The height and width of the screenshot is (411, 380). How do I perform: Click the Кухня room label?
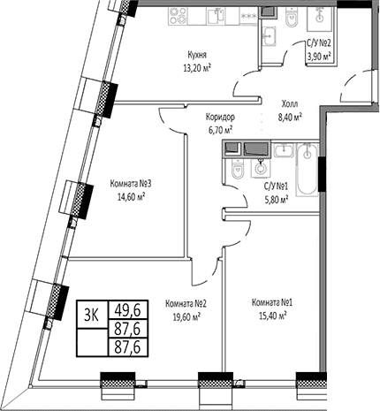pyautogui.click(x=197, y=55)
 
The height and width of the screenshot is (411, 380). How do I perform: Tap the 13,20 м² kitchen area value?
pyautogui.click(x=197, y=68)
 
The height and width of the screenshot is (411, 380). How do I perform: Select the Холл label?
pyautogui.click(x=290, y=104)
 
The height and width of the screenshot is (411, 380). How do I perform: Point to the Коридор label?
pyautogui.click(x=220, y=118)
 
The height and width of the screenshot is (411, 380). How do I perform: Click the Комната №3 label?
pyautogui.click(x=131, y=184)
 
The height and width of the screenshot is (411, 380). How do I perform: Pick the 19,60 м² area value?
pyautogui.click(x=186, y=316)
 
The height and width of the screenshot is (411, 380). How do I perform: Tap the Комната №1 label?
pyautogui.click(x=272, y=302)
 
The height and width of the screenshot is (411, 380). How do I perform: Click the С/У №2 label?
pyautogui.click(x=319, y=43)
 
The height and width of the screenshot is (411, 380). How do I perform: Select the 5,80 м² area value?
pyautogui.click(x=276, y=200)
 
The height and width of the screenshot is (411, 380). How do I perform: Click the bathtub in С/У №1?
pyautogui.click(x=307, y=170)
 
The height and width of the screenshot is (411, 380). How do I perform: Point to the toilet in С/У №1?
pyautogui.click(x=238, y=169)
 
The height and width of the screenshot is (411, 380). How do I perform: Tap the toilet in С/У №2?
pyautogui.click(x=292, y=18)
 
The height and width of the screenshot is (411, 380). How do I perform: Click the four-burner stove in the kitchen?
pyautogui.click(x=178, y=16)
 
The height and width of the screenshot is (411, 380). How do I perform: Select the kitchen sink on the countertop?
pyautogui.click(x=216, y=17)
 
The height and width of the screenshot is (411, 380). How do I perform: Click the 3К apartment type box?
pyautogui.click(x=92, y=314)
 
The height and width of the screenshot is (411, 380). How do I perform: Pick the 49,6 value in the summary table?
pyautogui.click(x=127, y=310)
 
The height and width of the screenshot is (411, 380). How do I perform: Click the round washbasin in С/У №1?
pyautogui.click(x=260, y=169)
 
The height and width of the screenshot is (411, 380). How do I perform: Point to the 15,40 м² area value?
pyautogui.click(x=272, y=316)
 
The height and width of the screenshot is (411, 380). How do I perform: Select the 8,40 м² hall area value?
pyautogui.click(x=290, y=118)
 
